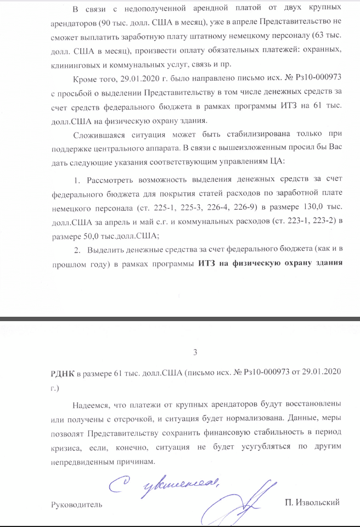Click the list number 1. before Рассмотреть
click(x=76, y=181)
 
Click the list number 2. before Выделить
click(x=77, y=250)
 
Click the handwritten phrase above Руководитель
click(x=164, y=484)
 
